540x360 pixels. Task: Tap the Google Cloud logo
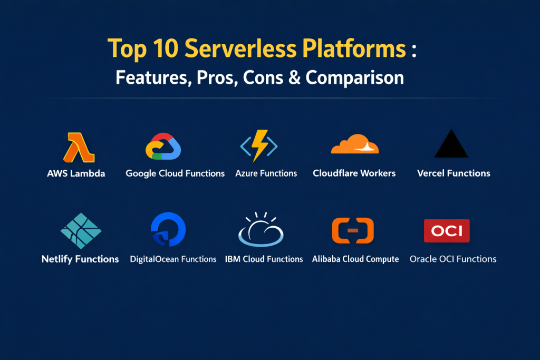coord(163,147)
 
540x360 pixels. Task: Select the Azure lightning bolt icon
coord(259,145)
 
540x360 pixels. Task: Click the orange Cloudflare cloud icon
coord(355,144)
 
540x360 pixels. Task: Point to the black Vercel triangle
coord(451,144)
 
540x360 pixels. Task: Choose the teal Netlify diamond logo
coord(81,230)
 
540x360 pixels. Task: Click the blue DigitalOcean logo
coord(168,229)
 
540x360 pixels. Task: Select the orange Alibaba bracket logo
coord(353,230)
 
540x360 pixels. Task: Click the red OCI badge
coord(447,230)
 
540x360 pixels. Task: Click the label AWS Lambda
coord(76,173)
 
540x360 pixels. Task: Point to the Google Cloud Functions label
coord(175,173)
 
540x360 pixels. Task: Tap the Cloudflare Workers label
coord(354,173)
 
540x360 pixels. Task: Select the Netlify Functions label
coord(80,259)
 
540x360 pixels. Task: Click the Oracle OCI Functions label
coord(453,259)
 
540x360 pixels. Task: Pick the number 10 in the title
coord(166,48)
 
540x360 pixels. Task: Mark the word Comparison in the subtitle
coord(354,78)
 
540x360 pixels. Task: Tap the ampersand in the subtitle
coord(294,77)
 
